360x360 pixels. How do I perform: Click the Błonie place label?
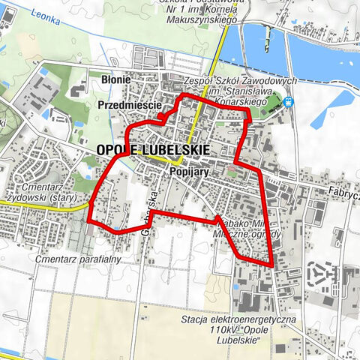click(116, 79)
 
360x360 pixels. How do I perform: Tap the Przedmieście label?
click(130, 106)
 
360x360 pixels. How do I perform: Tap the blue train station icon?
click(289, 103)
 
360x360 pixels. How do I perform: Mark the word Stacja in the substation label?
click(199, 320)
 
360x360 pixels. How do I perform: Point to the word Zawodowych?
click(273, 81)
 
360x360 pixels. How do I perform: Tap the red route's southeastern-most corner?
click(272, 265)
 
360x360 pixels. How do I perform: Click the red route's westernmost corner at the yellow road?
click(89, 222)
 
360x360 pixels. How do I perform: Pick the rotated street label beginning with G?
click(148, 214)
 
